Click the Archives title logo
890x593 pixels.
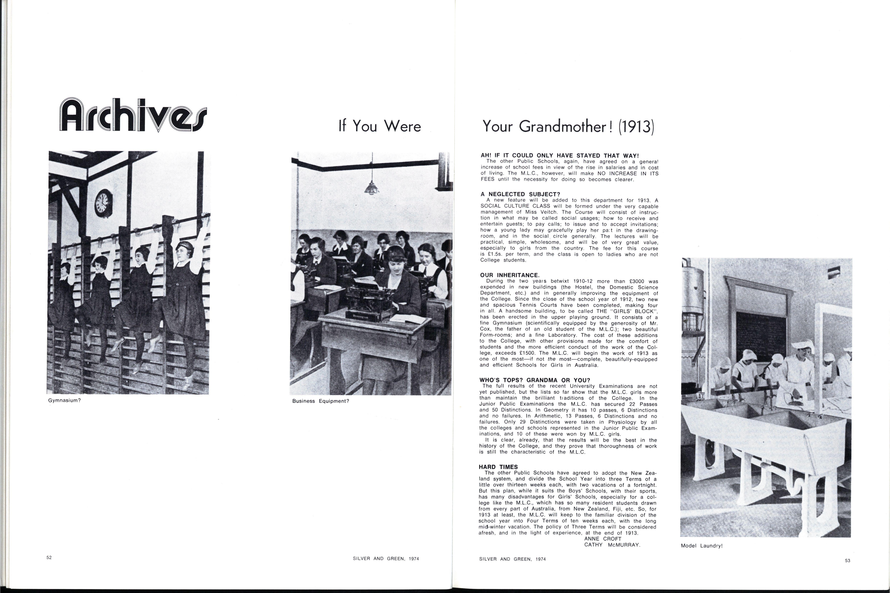tap(133, 115)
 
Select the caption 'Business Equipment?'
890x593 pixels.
tap(320, 401)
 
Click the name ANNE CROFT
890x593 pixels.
tap(603, 539)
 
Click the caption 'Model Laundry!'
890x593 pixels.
tap(701, 546)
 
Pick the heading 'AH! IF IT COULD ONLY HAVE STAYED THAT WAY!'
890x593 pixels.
tap(560, 155)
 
